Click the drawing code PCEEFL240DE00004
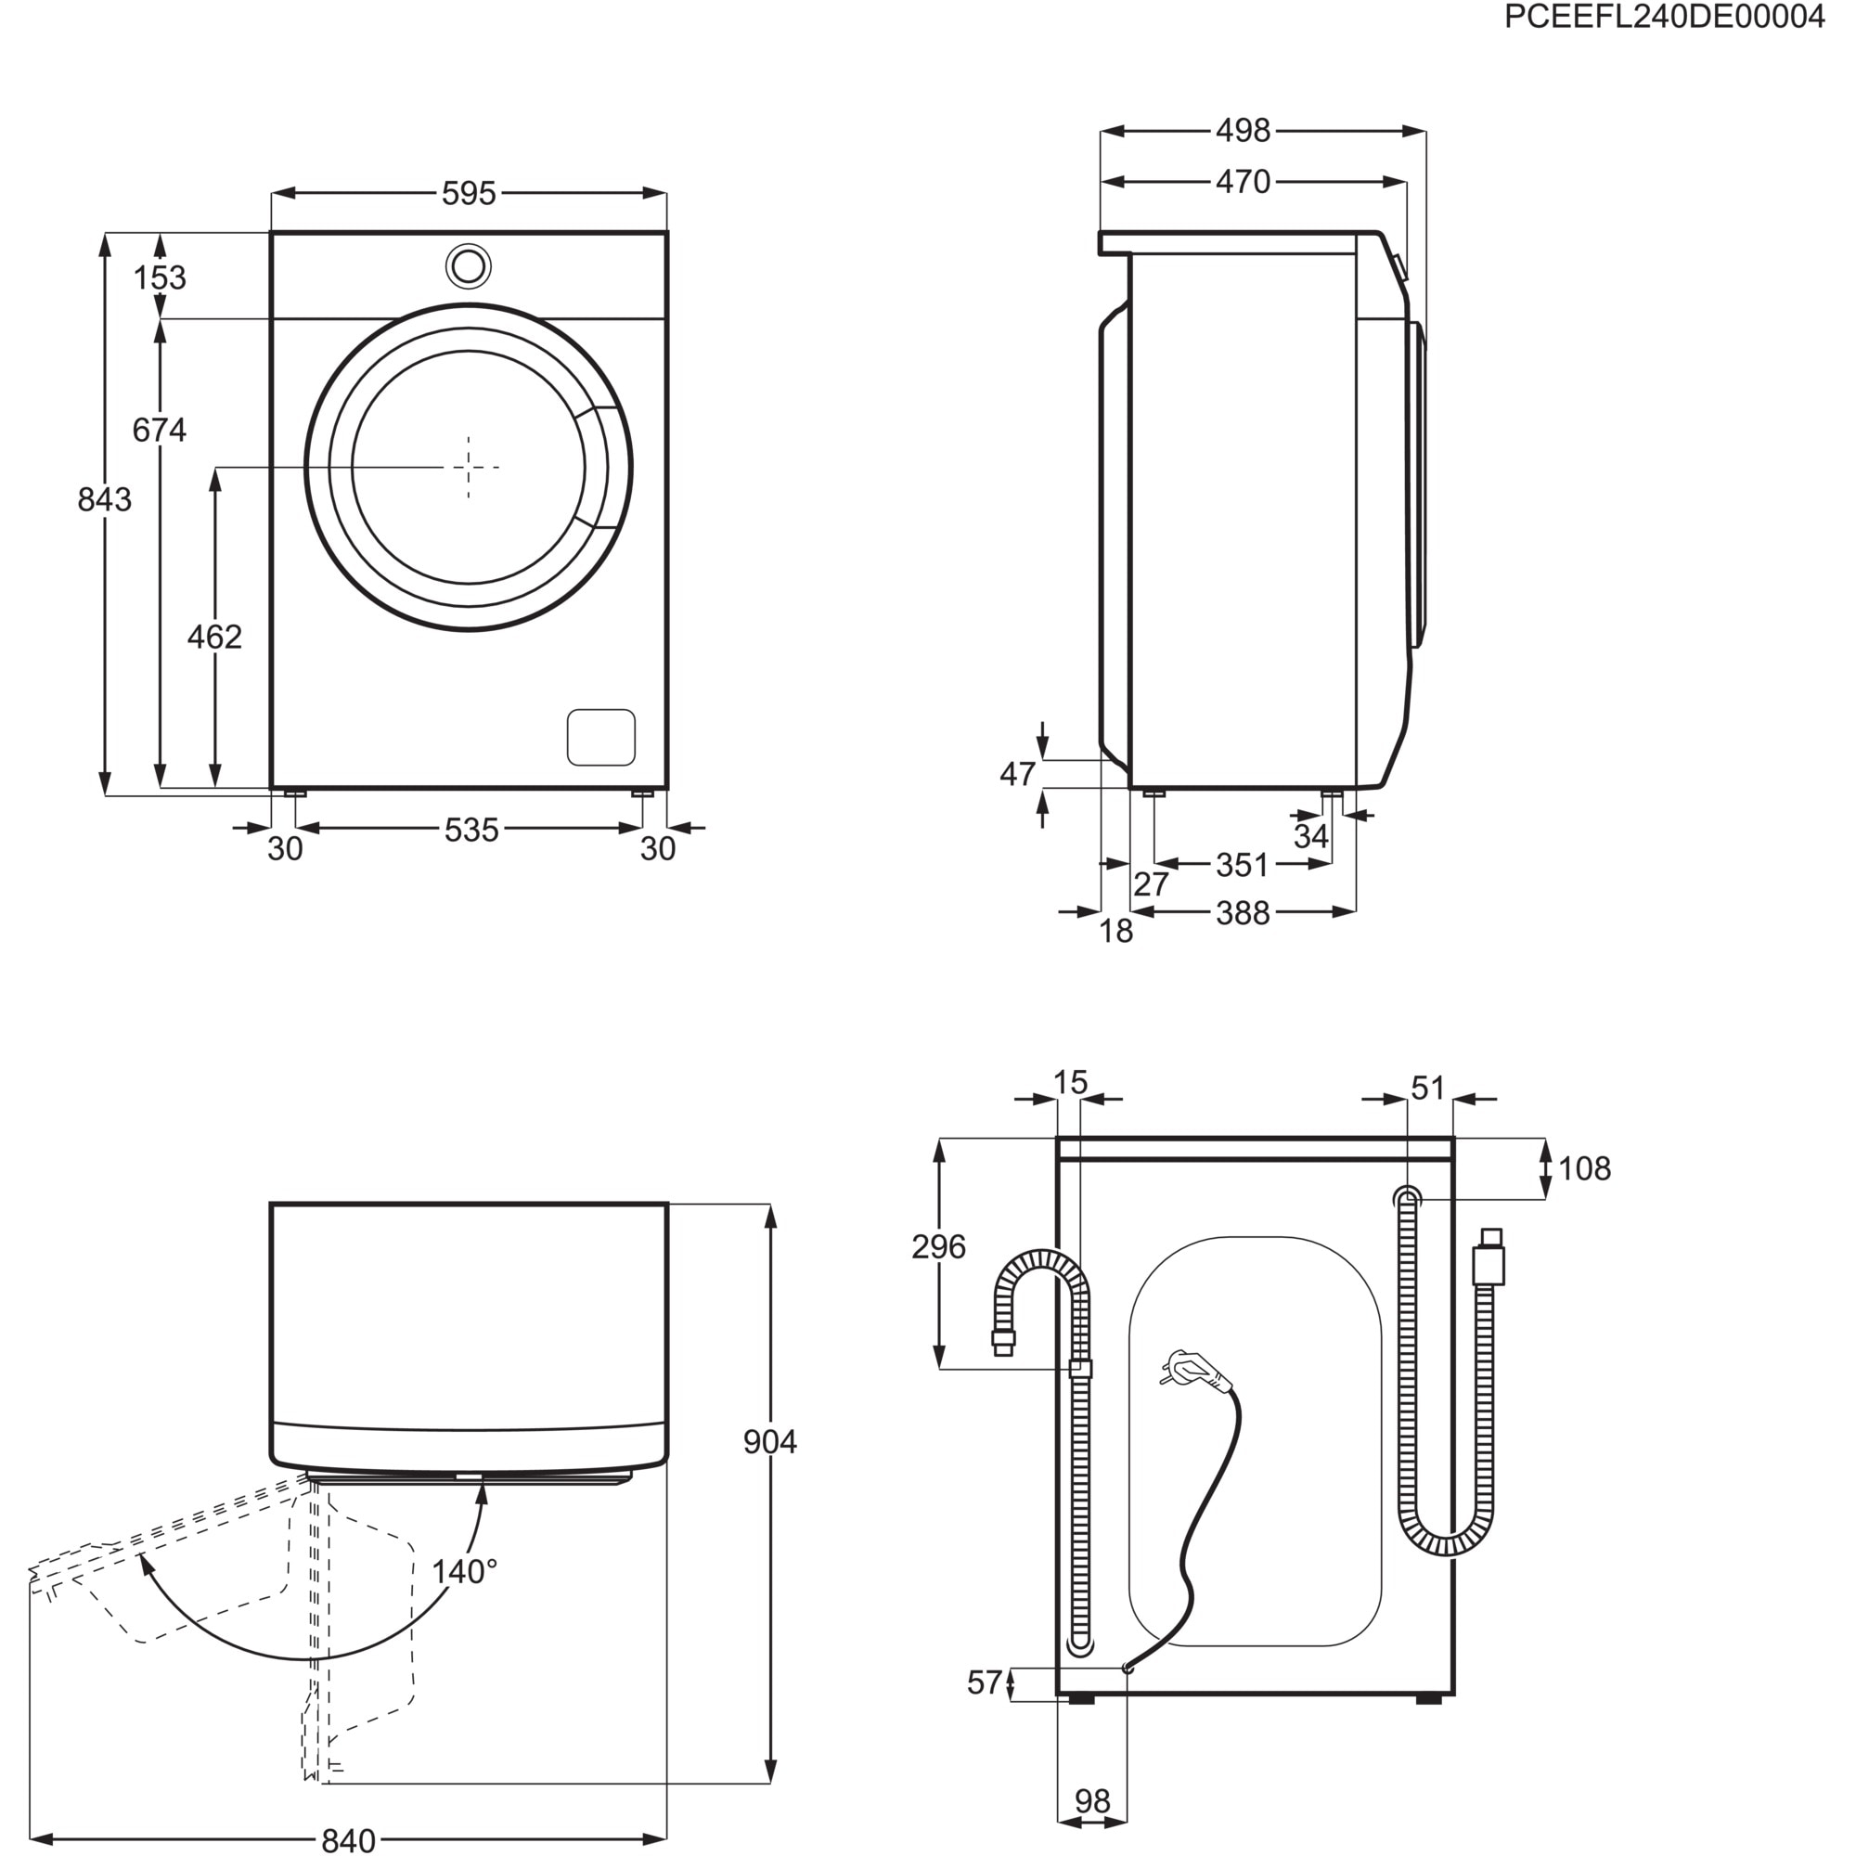tap(1663, 18)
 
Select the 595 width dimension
tap(469, 194)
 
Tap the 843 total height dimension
tap(104, 499)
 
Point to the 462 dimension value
tap(214, 637)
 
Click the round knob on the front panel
tap(469, 266)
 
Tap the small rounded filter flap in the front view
tap(600, 738)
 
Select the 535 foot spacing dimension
tap(470, 830)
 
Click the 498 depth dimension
tap(1243, 131)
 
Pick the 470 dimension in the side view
tap(1243, 182)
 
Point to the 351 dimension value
tap(1243, 866)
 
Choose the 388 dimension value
tap(1243, 913)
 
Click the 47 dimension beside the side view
tap(1017, 773)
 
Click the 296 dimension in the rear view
tap(937, 1247)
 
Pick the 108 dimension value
tap(1584, 1169)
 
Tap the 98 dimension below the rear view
tap(1092, 1801)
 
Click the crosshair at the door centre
tap(469, 467)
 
